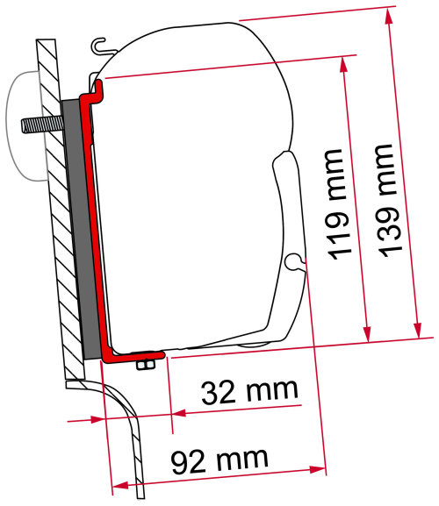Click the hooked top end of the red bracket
tap(97, 85)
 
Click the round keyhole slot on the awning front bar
tap(292, 258)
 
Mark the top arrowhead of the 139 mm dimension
tap(385, 12)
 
